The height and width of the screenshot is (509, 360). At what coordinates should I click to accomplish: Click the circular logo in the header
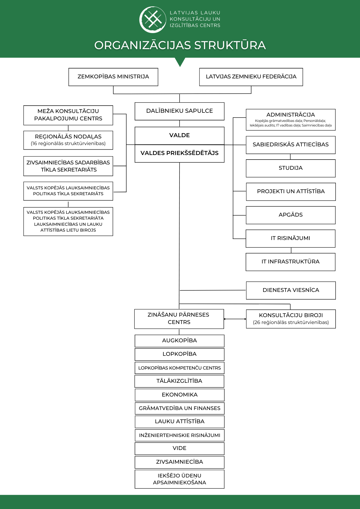(153, 20)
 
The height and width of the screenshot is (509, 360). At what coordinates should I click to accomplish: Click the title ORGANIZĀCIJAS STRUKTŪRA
(180, 45)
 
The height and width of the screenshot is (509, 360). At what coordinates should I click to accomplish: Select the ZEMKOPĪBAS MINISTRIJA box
(113, 77)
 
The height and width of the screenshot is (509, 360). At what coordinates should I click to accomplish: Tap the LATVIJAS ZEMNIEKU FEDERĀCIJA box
(251, 77)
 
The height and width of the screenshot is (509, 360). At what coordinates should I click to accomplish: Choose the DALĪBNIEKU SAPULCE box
(179, 111)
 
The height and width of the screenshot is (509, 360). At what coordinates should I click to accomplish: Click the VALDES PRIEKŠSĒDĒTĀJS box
(179, 153)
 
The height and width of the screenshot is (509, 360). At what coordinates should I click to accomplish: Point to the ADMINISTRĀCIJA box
(290, 120)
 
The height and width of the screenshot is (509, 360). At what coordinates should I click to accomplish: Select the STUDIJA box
(290, 168)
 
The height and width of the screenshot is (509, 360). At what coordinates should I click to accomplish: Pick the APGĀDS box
(290, 215)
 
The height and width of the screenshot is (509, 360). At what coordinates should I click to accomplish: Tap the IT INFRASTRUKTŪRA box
(290, 262)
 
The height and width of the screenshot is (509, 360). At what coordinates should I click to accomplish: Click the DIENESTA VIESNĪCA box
(291, 290)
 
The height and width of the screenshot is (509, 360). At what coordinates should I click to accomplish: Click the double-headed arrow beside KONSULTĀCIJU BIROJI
(235, 319)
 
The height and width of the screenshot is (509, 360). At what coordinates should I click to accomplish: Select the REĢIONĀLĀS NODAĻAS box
(68, 140)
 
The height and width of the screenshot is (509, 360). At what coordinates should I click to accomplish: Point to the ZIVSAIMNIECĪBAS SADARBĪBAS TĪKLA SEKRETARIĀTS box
(68, 166)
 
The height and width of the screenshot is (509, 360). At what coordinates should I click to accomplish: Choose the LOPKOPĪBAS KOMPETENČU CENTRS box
(179, 368)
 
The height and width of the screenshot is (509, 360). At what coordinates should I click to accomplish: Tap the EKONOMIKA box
(179, 395)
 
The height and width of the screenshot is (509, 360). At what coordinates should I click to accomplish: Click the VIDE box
(179, 448)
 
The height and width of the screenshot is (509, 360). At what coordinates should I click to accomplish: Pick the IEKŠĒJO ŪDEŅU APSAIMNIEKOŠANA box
(179, 479)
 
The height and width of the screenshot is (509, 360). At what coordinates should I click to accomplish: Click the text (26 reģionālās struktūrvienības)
(291, 322)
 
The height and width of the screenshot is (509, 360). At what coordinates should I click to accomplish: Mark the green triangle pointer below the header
(180, 61)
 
